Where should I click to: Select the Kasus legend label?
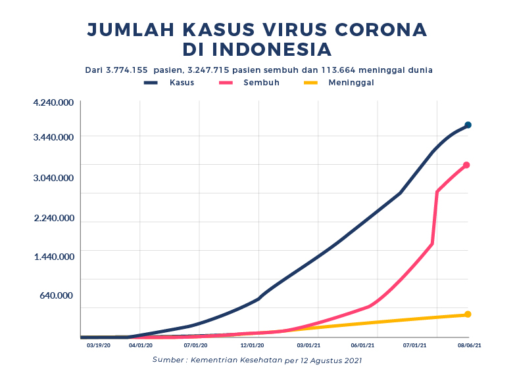(x=182, y=83)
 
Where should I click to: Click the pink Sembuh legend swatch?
(x=226, y=83)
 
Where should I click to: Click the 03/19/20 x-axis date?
(x=99, y=345)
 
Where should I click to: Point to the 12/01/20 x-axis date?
(x=253, y=345)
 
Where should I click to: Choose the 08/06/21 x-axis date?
(x=470, y=345)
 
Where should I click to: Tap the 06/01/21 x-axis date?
(x=362, y=345)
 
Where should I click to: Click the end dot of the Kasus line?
(x=468, y=125)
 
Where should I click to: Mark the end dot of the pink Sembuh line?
(x=466, y=165)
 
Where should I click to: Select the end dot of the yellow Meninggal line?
(x=468, y=314)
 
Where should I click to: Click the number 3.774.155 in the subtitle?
(x=128, y=70)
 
